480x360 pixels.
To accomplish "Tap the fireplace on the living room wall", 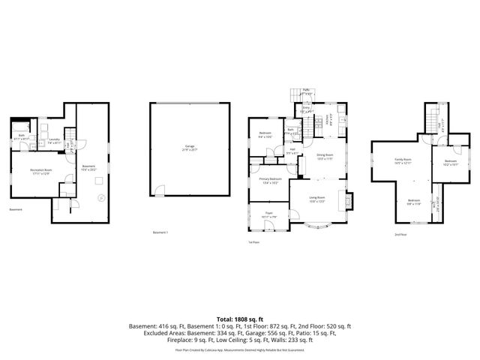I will (346, 201).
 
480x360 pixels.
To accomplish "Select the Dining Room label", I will (325, 157).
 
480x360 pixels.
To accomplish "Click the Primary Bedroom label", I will (271, 180).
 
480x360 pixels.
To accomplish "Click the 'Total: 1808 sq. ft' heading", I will (240, 318).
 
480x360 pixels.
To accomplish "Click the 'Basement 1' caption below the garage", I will (160, 233).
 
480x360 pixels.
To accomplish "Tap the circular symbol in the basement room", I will (100, 198).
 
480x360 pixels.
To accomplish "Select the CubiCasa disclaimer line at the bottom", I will (240, 350).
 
